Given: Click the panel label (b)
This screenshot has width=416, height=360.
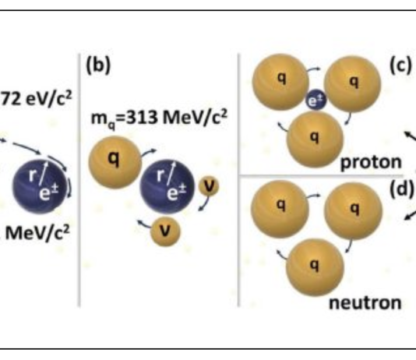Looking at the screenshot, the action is click(98, 65).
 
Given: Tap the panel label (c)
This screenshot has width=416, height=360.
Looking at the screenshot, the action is click(401, 65).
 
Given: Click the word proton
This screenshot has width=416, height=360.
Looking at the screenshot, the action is click(371, 162).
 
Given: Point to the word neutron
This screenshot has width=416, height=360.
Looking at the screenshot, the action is click(365, 302).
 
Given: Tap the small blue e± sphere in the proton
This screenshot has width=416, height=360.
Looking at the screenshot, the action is click(316, 100).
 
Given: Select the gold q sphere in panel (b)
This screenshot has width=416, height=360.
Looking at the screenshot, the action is click(115, 162).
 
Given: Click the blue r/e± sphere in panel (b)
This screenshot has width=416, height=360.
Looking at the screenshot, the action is click(167, 186).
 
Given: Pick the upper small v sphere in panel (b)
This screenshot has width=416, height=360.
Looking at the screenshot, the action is click(209, 186).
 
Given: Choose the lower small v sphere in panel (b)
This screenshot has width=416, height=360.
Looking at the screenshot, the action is click(165, 231).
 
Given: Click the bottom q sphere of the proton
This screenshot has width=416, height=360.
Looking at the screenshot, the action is click(315, 139).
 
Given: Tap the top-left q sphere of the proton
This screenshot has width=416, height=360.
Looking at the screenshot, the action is click(280, 82).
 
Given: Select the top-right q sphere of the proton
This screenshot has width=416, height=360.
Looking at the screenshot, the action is click(352, 84).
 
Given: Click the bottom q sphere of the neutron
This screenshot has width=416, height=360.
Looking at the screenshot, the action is click(316, 267).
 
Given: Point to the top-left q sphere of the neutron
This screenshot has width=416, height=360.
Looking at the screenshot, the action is click(280, 209).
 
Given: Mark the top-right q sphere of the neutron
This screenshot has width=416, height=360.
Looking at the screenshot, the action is click(354, 210).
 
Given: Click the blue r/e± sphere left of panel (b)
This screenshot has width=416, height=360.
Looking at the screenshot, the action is click(39, 186).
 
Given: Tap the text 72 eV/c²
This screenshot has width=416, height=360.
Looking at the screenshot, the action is click(37, 99).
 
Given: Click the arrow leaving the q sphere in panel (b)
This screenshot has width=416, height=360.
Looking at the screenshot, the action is click(149, 153).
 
